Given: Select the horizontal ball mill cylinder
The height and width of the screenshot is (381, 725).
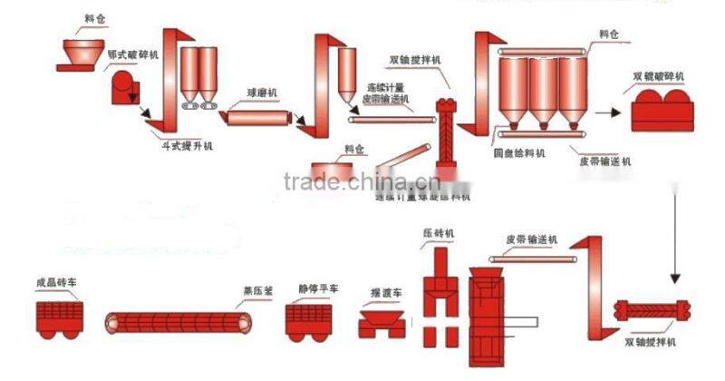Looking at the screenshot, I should coord(259,117).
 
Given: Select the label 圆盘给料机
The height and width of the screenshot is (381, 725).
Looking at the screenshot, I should coord(517,154).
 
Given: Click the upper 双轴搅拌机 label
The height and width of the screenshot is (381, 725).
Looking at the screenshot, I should coord(415,60).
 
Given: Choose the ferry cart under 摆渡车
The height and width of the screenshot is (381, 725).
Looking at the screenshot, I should coord(382,323).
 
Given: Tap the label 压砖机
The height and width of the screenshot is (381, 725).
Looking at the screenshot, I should coord(439,233).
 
